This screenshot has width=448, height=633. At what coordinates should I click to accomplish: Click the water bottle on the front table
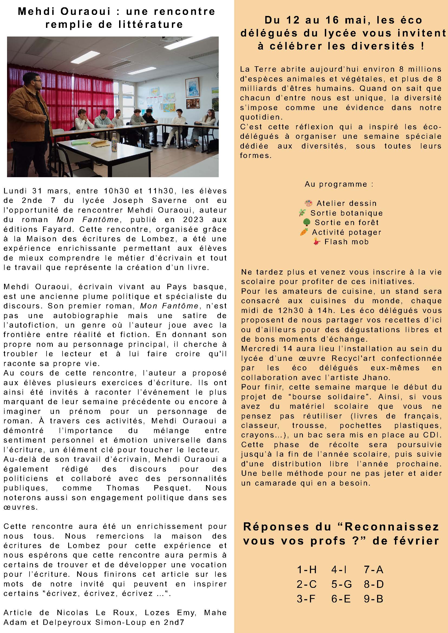point(114,142)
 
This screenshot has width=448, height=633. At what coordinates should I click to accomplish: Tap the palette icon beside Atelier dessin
point(308,203)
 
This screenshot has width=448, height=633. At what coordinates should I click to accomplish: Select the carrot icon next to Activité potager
point(304,232)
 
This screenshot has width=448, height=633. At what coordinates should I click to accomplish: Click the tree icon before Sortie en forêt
point(306,222)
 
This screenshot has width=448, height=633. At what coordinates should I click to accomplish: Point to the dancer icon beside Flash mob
point(316,242)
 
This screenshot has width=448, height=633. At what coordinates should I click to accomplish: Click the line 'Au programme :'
point(339,184)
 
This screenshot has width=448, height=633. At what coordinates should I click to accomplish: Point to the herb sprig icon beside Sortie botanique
point(303,213)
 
